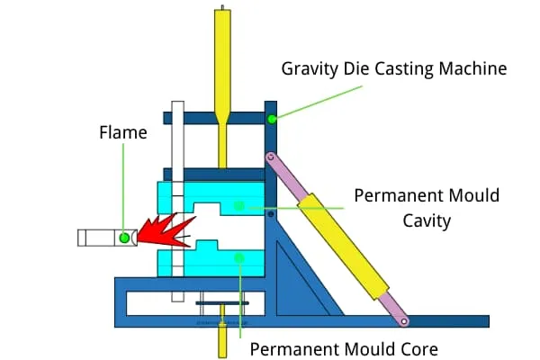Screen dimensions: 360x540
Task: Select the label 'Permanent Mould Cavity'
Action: pos(427,205)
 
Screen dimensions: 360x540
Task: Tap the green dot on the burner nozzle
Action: pos(124,238)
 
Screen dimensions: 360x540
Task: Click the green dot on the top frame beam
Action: pos(272,118)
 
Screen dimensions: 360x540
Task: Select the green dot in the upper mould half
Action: pos(238,205)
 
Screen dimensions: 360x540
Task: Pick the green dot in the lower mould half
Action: pos(238,259)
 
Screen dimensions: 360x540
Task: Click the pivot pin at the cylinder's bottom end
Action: pos(404,320)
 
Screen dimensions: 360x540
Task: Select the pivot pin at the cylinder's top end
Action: pos(268,157)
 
